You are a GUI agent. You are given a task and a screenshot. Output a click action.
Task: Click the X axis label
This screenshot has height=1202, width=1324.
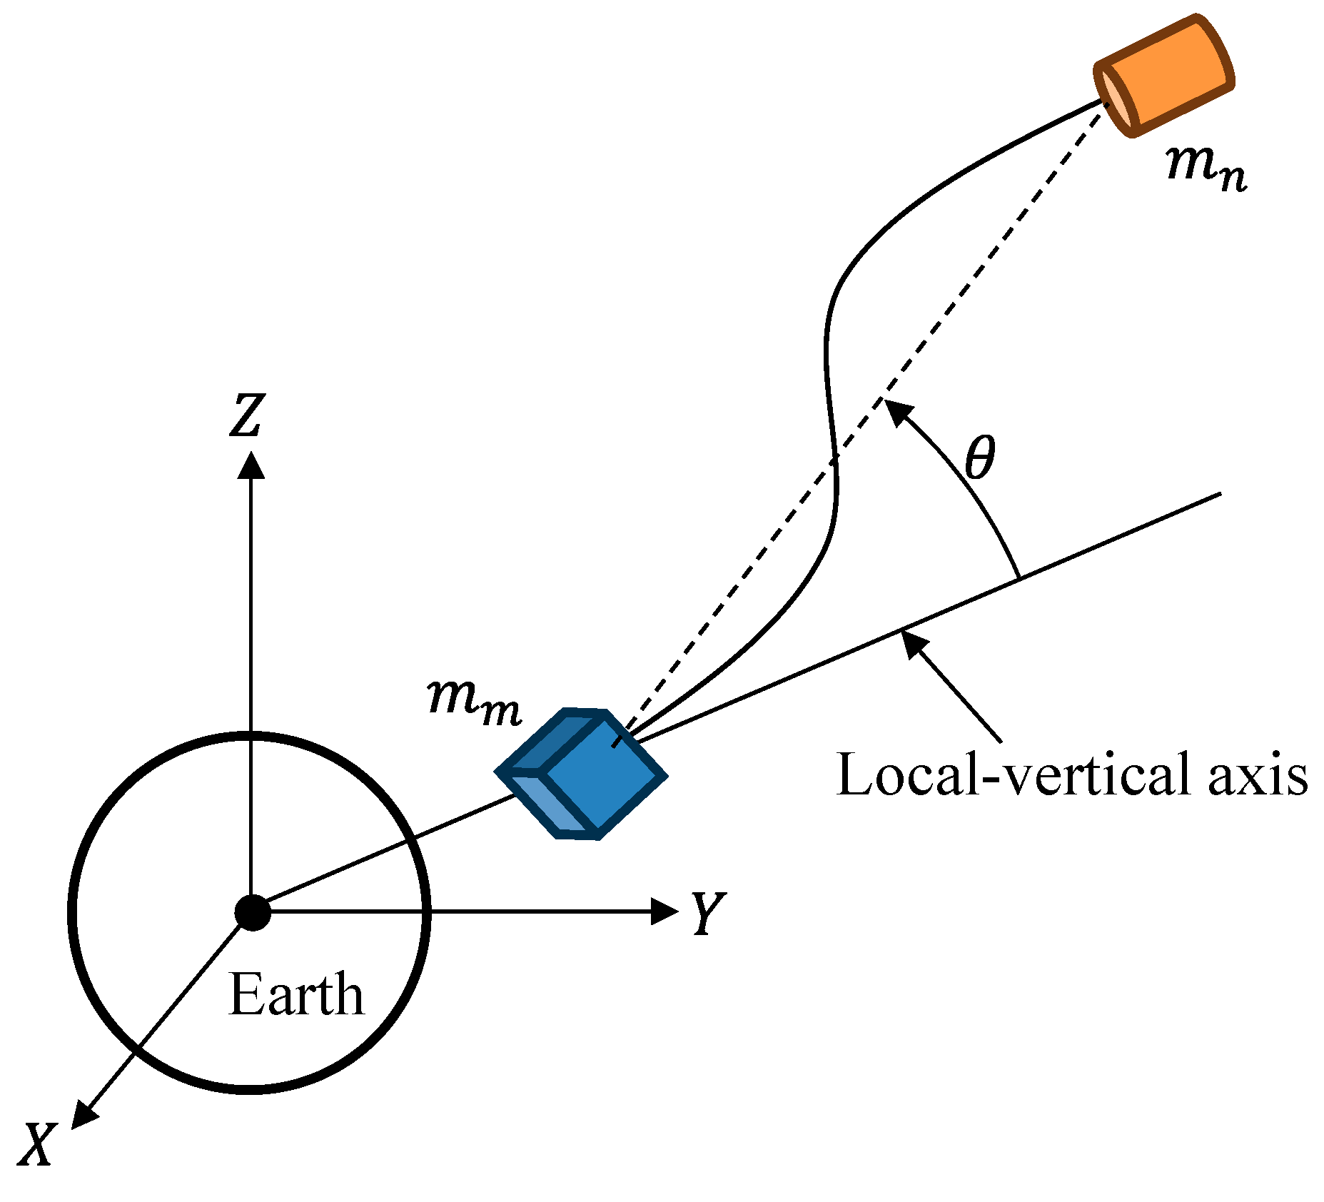pyautogui.click(x=36, y=1145)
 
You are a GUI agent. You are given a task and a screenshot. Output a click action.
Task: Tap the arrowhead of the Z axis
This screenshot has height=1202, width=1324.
pyautogui.click(x=251, y=464)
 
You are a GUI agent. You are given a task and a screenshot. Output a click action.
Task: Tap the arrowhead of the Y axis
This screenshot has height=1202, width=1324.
pyautogui.click(x=665, y=911)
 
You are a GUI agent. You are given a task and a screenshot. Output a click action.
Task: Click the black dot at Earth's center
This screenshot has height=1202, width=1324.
pyautogui.click(x=252, y=912)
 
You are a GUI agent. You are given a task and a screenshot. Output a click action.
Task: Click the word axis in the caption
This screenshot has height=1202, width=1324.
pyautogui.click(x=1258, y=774)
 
